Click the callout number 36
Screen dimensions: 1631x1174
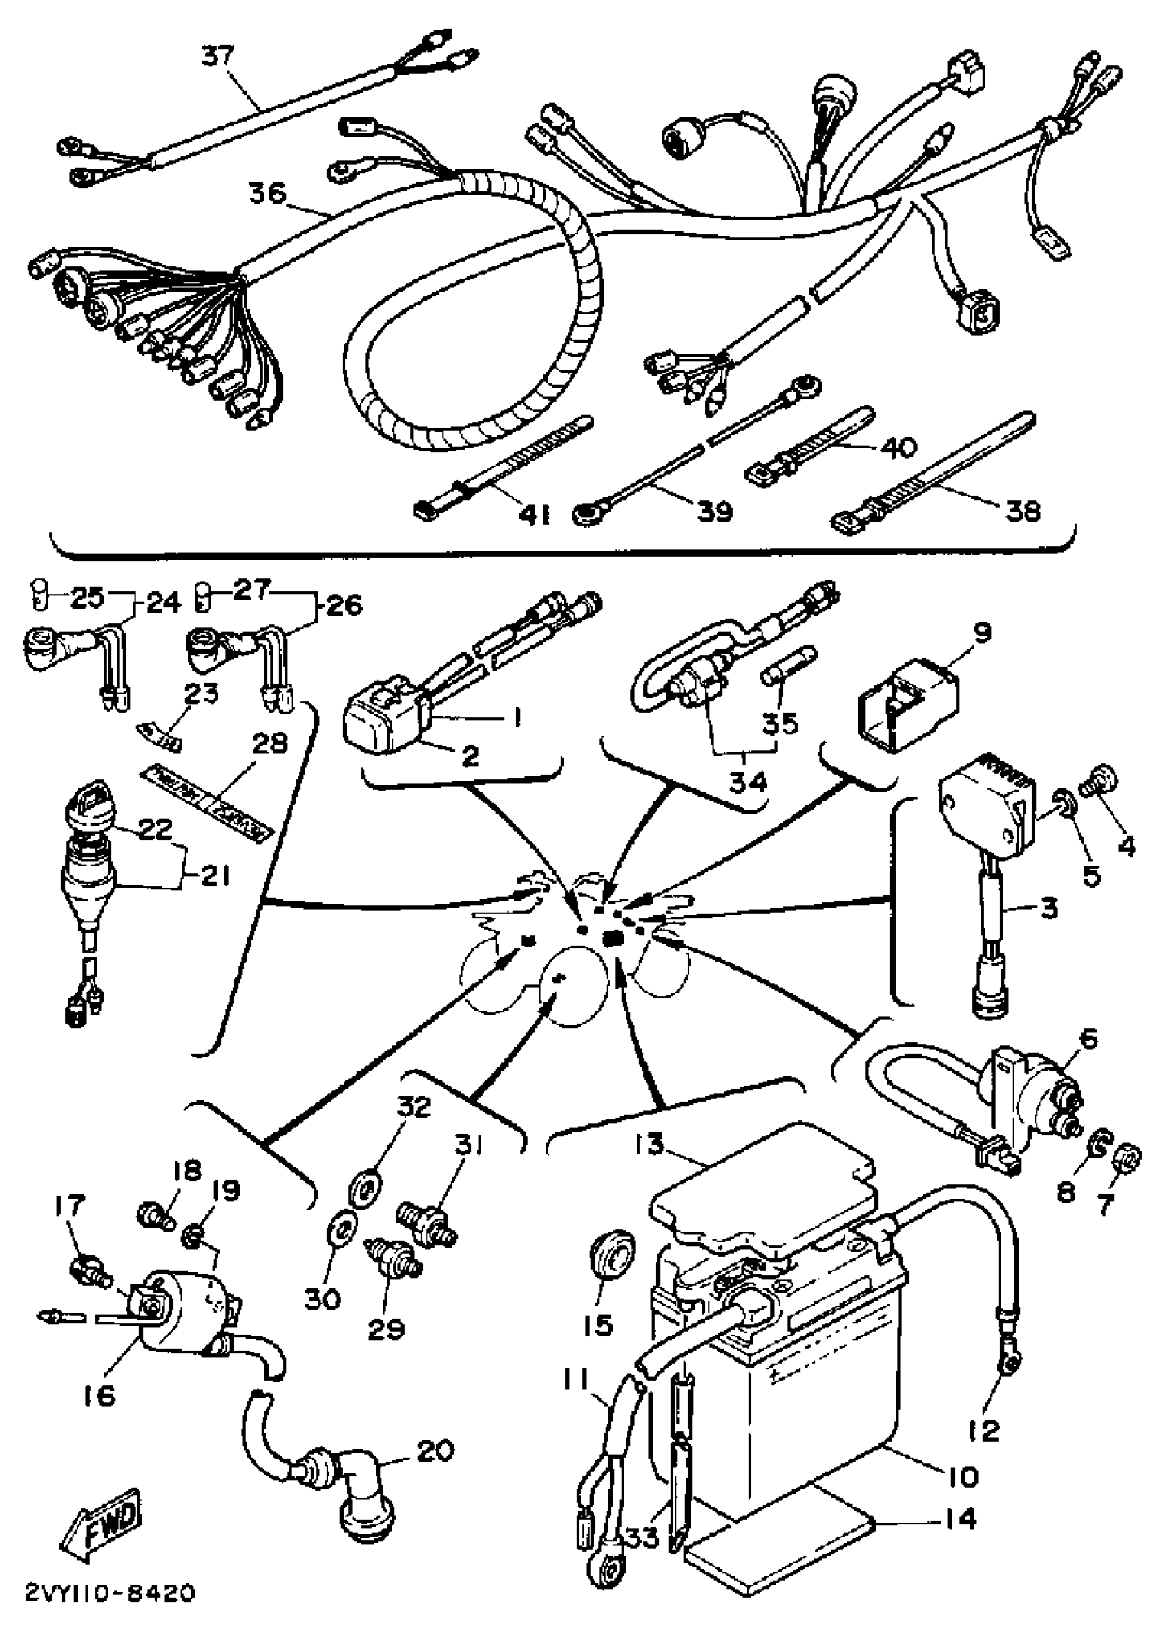pos(267,193)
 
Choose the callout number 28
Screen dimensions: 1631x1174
pos(269,742)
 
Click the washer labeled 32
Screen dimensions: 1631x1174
pos(367,1185)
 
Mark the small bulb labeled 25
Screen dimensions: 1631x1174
pos(39,595)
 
